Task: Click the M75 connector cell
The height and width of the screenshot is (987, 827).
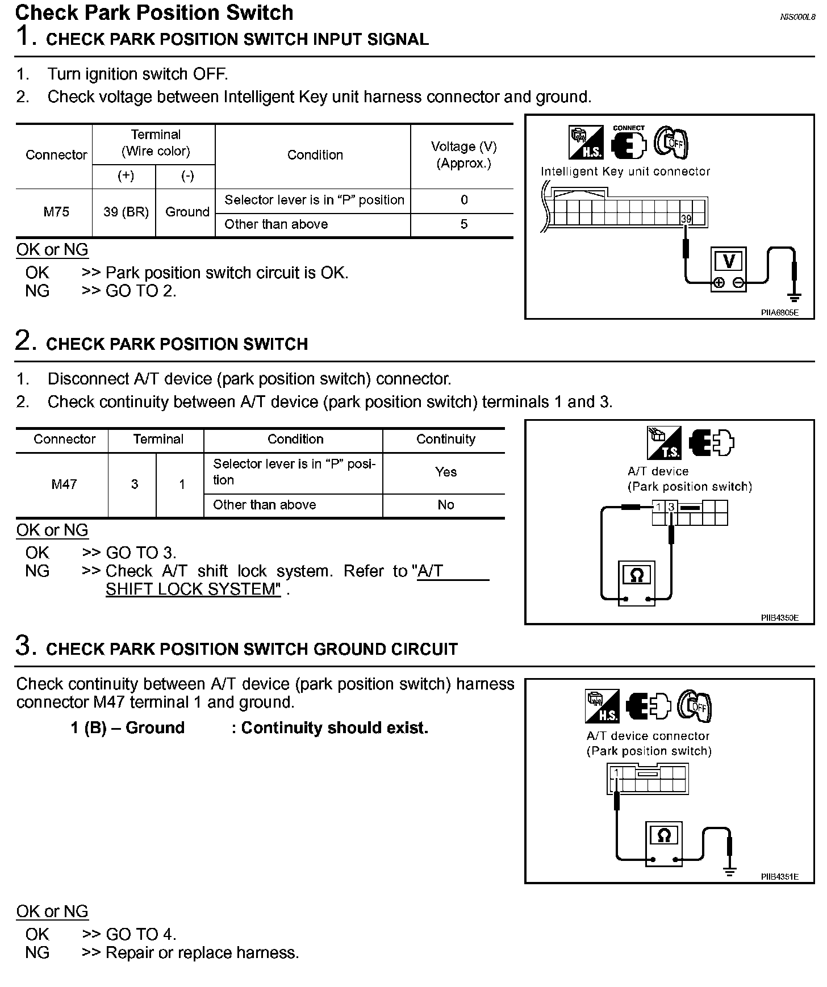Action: (56, 212)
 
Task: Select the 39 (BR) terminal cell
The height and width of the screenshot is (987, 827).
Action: (126, 212)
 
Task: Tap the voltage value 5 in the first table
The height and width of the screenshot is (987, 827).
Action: (464, 224)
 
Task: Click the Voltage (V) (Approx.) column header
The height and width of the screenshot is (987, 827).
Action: (463, 155)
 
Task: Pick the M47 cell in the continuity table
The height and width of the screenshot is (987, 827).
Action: (64, 484)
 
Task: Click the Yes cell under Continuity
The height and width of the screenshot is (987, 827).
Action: (446, 472)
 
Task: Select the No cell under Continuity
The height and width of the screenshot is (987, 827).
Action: (446, 505)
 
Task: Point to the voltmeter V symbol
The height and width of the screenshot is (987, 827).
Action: (729, 262)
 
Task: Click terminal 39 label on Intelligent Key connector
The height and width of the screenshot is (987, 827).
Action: (686, 219)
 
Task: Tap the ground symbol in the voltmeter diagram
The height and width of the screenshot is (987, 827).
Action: (793, 296)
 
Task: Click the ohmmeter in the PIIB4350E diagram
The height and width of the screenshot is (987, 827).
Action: (637, 583)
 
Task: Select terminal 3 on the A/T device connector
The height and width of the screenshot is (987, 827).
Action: (671, 507)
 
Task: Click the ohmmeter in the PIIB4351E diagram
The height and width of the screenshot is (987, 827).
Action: (663, 843)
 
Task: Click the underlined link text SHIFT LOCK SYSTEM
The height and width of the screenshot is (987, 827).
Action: (193, 589)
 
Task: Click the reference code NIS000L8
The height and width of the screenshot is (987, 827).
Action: (797, 17)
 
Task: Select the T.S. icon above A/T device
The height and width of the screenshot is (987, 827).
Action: (664, 443)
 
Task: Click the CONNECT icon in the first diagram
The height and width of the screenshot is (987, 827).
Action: (629, 142)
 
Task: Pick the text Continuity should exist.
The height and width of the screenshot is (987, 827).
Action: (335, 727)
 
